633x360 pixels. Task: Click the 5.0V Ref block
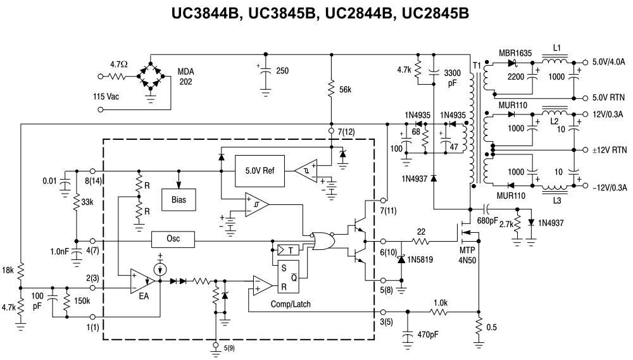[260, 171]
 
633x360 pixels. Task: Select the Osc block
[173, 239]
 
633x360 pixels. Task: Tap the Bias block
[179, 200]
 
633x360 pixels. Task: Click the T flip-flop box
[287, 251]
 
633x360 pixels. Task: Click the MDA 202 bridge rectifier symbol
[151, 76]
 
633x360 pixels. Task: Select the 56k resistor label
[345, 90]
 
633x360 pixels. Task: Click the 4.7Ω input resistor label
[119, 64]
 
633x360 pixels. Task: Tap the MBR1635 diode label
[515, 53]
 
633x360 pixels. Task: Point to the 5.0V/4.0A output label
[608, 62]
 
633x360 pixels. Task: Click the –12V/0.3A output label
[610, 188]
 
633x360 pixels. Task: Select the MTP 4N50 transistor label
[467, 256]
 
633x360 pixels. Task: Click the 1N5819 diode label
[420, 259]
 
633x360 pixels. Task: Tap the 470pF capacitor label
[428, 335]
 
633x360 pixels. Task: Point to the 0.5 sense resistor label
[491, 327]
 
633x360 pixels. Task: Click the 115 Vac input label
[106, 96]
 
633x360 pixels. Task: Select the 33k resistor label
[87, 202]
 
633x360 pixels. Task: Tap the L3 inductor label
[556, 201]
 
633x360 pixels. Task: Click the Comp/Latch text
[291, 304]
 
